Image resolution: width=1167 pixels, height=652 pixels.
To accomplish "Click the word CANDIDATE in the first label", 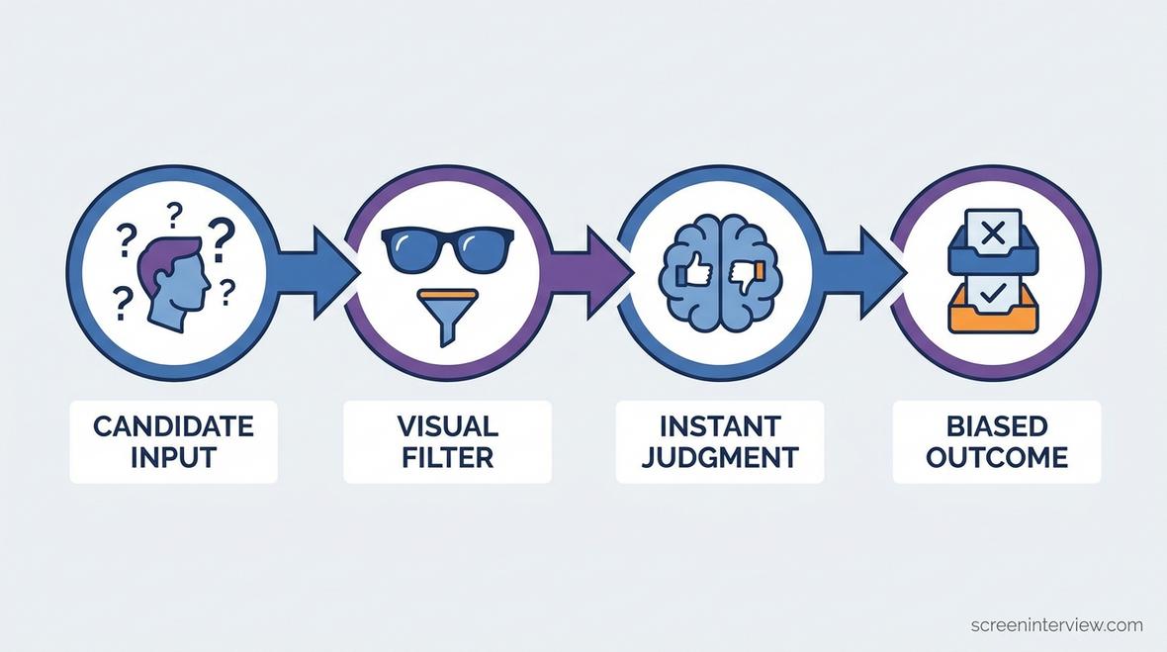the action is (x=173, y=426).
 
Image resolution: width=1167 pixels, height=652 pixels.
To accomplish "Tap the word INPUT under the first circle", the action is (x=173, y=457).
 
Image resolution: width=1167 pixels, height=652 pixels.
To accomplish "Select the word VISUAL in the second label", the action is (x=447, y=426).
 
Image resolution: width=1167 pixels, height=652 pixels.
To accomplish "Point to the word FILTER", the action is (x=447, y=457).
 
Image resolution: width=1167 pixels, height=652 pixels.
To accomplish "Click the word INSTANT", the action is (x=720, y=426).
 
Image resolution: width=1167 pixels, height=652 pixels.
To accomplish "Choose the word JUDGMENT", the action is (x=720, y=457).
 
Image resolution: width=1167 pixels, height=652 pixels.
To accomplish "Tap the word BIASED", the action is (x=997, y=426).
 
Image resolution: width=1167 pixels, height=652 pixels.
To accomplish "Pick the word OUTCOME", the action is (x=997, y=457).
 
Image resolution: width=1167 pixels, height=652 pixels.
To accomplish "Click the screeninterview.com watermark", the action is (x=1057, y=625).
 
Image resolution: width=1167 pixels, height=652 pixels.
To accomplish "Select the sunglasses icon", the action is (x=447, y=249).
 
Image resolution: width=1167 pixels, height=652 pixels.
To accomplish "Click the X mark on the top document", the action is (x=993, y=233).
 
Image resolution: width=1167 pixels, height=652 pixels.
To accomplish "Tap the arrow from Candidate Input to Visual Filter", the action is (x=316, y=273).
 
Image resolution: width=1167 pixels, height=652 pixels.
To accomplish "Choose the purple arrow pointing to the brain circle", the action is (x=591, y=273).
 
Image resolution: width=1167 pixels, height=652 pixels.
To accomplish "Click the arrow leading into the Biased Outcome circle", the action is (x=864, y=273).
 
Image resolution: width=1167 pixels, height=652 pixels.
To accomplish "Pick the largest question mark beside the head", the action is (x=222, y=238).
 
